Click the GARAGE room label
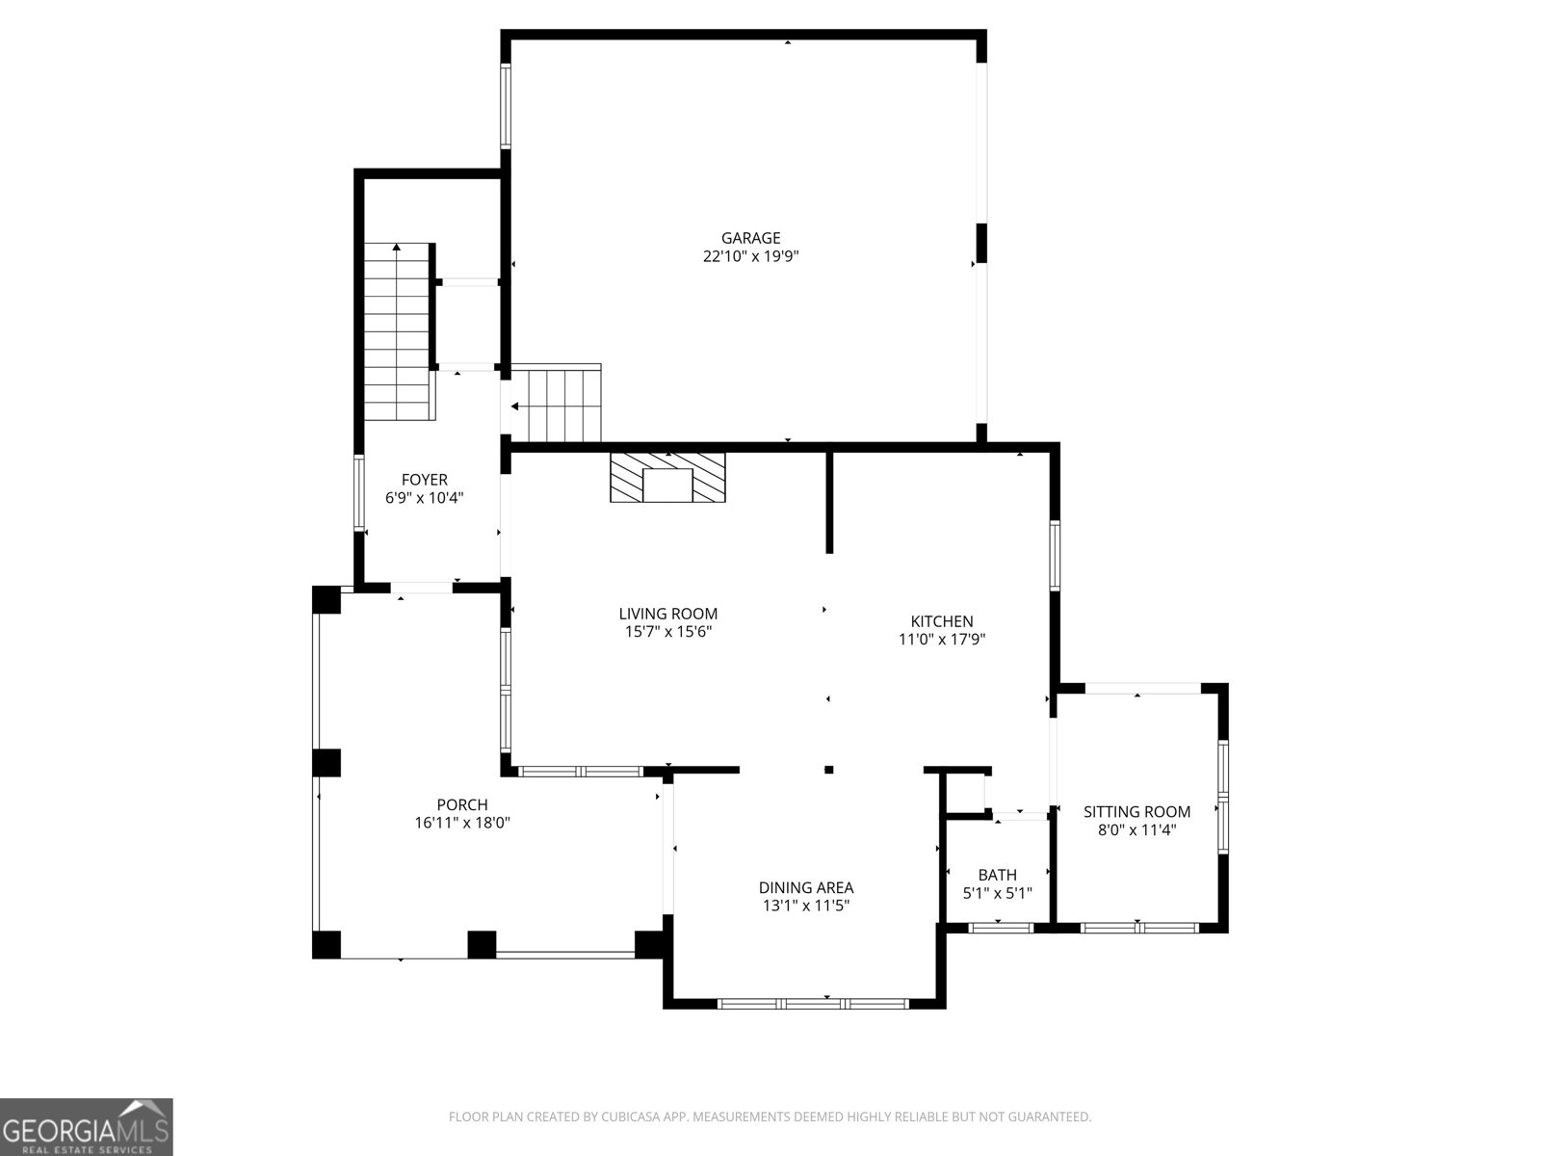pyautogui.click(x=750, y=238)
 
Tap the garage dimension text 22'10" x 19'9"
pyautogui.click(x=750, y=256)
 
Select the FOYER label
pyautogui.click(x=424, y=480)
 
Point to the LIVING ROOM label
pyautogui.click(x=667, y=614)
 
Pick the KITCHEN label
pyautogui.click(x=942, y=621)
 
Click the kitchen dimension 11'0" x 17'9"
pyautogui.click(x=942, y=639)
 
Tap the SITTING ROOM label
pyautogui.click(x=1136, y=812)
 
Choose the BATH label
pyautogui.click(x=997, y=875)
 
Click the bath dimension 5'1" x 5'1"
pyautogui.click(x=997, y=893)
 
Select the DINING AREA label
pyautogui.click(x=805, y=888)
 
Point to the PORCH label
pyautogui.click(x=462, y=805)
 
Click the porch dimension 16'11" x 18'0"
pyautogui.click(x=462, y=824)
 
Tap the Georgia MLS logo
pyautogui.click(x=87, y=1126)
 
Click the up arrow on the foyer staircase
pyautogui.click(x=396, y=249)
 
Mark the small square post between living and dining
pyautogui.click(x=828, y=770)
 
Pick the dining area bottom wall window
pyautogui.click(x=813, y=1003)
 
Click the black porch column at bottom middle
pyautogui.click(x=482, y=944)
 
